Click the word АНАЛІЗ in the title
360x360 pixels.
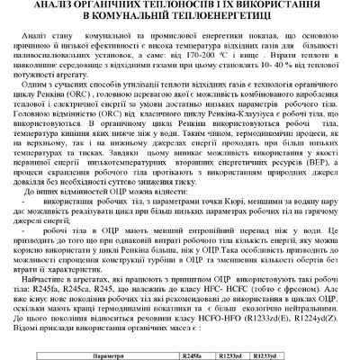64,6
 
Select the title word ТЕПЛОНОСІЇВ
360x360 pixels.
165,6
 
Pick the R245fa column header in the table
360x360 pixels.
191,356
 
